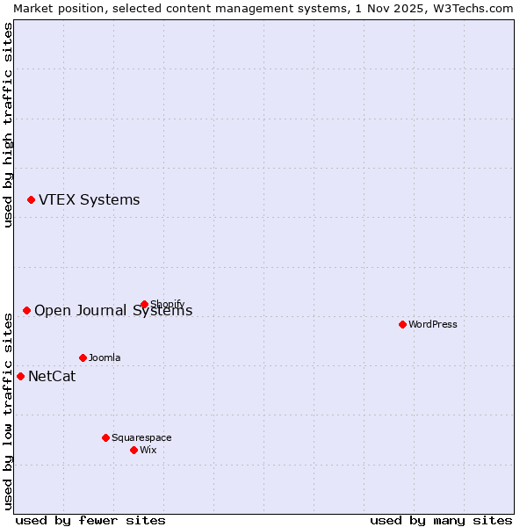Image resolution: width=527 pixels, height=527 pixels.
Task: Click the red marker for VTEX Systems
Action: tap(31, 200)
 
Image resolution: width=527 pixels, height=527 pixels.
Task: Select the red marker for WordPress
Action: tap(402, 324)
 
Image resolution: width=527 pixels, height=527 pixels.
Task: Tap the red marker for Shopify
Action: tap(144, 305)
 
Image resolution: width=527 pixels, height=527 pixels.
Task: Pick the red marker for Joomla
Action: tap(83, 357)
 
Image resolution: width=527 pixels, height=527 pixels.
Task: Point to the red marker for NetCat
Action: tap(20, 377)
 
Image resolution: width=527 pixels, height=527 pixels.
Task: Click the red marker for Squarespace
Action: tap(105, 437)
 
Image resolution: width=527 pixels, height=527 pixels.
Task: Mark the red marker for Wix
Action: tap(134, 450)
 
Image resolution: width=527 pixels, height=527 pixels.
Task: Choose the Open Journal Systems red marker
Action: tap(26, 310)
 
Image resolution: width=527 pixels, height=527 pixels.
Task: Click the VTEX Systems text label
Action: tap(89, 200)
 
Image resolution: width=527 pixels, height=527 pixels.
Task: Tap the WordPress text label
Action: tap(432, 324)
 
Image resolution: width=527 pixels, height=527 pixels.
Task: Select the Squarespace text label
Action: tap(141, 437)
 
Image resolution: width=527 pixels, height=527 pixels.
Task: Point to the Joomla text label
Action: tap(105, 357)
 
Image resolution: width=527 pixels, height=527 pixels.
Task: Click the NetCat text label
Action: tap(52, 377)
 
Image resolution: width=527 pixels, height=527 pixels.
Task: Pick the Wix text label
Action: tap(148, 450)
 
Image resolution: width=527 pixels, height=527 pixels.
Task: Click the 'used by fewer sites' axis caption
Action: tap(90, 520)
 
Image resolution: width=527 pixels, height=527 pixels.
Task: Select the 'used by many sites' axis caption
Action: tap(441, 520)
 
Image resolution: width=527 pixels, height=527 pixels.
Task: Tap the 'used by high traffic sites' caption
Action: tap(9, 125)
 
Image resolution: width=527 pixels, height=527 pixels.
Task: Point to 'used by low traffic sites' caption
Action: tap(9, 410)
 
